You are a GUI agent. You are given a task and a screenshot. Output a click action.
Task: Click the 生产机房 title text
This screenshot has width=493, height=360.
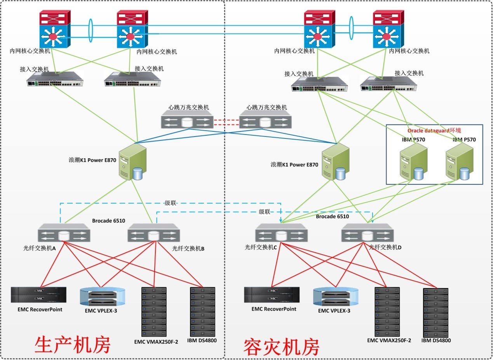click(73, 344)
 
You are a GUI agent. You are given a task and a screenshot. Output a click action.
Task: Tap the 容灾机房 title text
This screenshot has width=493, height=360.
click(281, 347)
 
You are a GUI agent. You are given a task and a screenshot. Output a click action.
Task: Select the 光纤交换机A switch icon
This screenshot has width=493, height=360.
click(64, 234)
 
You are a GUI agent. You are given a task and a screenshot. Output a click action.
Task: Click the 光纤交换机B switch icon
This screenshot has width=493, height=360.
click(154, 234)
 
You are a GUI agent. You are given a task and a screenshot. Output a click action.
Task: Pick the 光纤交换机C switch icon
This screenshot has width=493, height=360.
click(281, 235)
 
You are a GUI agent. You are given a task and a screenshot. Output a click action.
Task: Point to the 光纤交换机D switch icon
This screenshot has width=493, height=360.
click(368, 234)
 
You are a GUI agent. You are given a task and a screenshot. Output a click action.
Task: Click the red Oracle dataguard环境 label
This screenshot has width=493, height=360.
click(434, 131)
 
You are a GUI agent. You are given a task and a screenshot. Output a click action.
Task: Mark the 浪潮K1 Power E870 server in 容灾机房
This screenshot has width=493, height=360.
click(335, 163)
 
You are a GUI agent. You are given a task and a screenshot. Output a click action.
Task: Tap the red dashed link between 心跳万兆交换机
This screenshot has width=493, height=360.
click(226, 122)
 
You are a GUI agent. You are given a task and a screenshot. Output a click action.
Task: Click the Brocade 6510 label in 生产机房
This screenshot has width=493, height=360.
click(108, 221)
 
